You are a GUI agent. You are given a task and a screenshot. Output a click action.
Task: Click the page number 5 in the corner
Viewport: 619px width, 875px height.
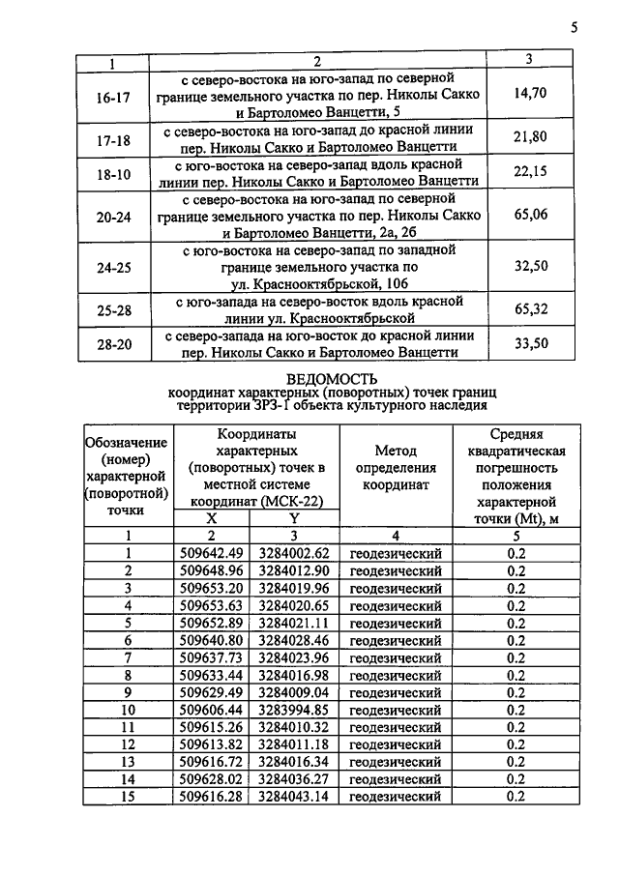(574, 27)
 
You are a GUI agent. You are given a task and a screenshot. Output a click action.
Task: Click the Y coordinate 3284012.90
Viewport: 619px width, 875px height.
(294, 570)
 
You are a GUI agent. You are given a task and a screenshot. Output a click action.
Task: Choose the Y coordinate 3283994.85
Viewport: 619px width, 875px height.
(294, 710)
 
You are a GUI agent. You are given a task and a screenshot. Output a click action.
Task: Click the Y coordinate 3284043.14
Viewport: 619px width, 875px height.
(294, 797)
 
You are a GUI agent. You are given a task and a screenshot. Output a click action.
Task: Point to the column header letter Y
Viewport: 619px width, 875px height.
(294, 518)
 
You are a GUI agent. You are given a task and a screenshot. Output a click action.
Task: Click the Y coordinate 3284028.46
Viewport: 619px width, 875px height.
(294, 640)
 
